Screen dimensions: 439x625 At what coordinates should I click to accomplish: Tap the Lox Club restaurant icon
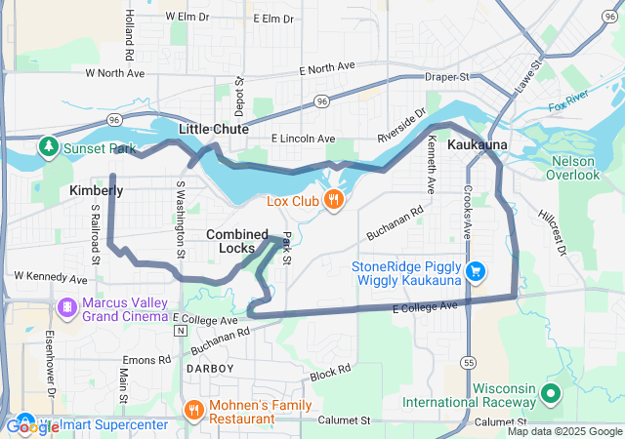coord(334,200)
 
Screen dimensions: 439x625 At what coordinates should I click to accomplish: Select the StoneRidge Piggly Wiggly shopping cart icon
coord(476,270)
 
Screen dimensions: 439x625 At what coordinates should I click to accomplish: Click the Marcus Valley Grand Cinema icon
coord(67,308)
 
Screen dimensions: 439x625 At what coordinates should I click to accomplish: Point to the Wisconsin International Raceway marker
coord(550,394)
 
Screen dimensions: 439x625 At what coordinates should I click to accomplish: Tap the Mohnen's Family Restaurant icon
coord(193,410)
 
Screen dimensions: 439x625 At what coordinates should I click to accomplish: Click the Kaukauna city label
coord(477,144)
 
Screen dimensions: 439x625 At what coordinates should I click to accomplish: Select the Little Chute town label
coord(213,129)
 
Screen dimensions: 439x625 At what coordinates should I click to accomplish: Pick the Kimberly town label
coord(97,191)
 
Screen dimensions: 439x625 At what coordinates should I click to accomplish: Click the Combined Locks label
coord(237,241)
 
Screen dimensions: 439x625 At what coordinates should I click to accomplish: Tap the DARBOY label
coord(210,369)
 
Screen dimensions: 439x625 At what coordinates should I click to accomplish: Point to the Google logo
coord(32,426)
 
